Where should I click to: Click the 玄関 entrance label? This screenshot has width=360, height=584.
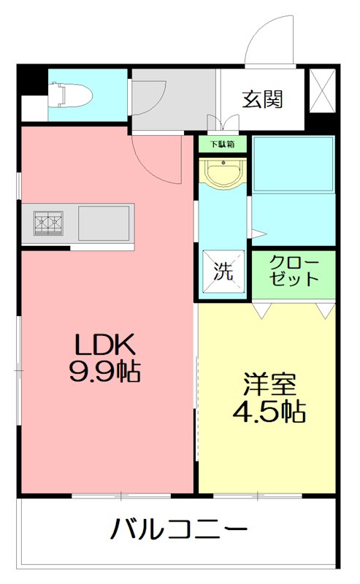tap(263, 99)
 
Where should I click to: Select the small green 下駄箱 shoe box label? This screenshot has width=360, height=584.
tap(223, 145)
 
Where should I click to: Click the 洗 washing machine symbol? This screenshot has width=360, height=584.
tap(223, 272)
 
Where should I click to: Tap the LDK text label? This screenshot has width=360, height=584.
tap(104, 346)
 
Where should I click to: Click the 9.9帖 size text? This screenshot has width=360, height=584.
tap(104, 373)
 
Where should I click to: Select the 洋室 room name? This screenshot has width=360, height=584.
tap(268, 384)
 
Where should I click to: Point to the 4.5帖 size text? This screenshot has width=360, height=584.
tap(268, 412)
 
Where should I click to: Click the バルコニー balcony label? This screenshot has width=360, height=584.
tap(179, 528)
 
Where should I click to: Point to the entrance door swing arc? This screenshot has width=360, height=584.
tap(263, 44)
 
